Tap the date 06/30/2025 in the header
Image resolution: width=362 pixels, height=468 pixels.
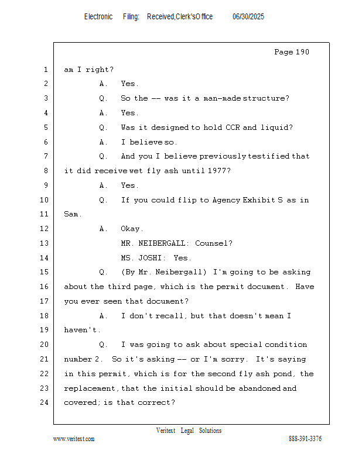248,17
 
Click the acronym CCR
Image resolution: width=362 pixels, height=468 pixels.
233,128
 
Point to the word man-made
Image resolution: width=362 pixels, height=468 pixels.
223,98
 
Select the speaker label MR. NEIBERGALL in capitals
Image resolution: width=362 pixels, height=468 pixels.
155,243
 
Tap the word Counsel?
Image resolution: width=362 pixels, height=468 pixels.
213,243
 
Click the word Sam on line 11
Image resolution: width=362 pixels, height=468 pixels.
71,214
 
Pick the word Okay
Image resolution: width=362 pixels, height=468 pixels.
131,229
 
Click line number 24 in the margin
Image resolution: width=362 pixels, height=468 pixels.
45,402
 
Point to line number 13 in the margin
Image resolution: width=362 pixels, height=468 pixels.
45,243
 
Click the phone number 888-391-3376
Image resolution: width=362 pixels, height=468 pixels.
305,439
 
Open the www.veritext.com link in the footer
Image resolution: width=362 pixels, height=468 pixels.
74,439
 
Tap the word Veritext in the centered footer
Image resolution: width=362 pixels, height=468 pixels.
166,431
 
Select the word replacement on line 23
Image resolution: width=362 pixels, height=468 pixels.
90,388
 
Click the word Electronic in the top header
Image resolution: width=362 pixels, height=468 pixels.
98,17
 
